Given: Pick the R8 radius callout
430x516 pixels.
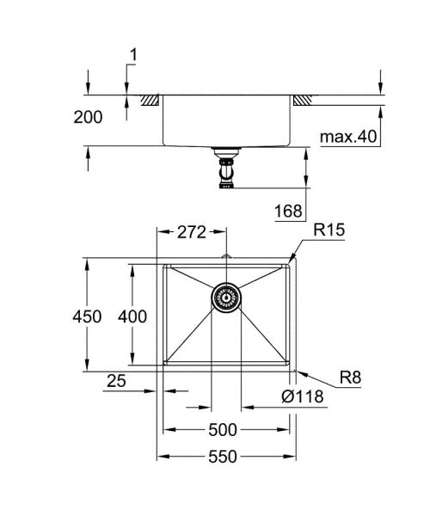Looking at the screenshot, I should click(x=349, y=376).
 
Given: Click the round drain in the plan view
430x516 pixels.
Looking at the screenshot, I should click(x=226, y=298).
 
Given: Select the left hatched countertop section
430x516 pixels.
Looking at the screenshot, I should click(x=151, y=101).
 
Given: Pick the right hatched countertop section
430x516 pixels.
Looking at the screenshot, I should click(x=302, y=101).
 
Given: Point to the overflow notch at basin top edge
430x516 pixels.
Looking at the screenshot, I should click(x=226, y=259).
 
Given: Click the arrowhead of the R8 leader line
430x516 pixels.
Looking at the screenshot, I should click(x=297, y=371).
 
